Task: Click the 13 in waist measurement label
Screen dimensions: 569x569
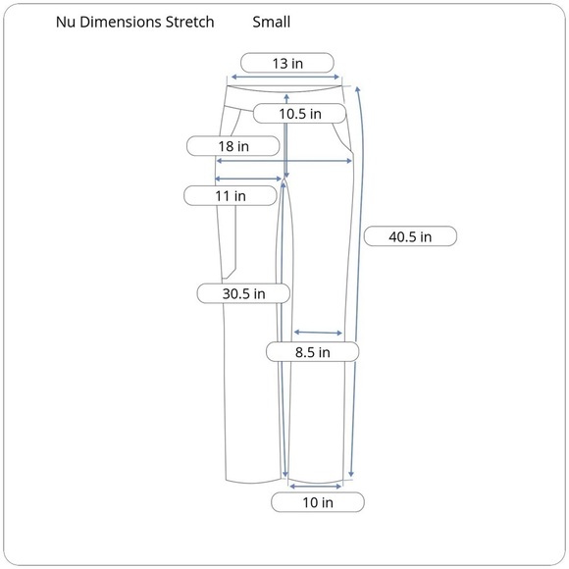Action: coord(286,63)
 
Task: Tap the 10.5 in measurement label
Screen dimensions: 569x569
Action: coord(299,114)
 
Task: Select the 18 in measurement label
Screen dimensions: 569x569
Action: coord(233,146)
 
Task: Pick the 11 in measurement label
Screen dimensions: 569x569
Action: coord(231,196)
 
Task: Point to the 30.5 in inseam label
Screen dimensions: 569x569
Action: coord(244,293)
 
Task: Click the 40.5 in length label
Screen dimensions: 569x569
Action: coord(410,236)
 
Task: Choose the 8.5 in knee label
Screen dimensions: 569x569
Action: coord(312,351)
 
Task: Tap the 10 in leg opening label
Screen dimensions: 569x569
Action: coord(317,503)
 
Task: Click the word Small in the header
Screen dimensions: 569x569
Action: coord(271,21)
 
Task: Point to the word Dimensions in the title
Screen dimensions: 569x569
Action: coord(121,21)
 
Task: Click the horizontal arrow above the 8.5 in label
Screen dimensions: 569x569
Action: coord(318,332)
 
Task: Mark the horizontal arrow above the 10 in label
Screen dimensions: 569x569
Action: coord(316,484)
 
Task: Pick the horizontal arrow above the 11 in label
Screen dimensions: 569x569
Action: coord(249,179)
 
